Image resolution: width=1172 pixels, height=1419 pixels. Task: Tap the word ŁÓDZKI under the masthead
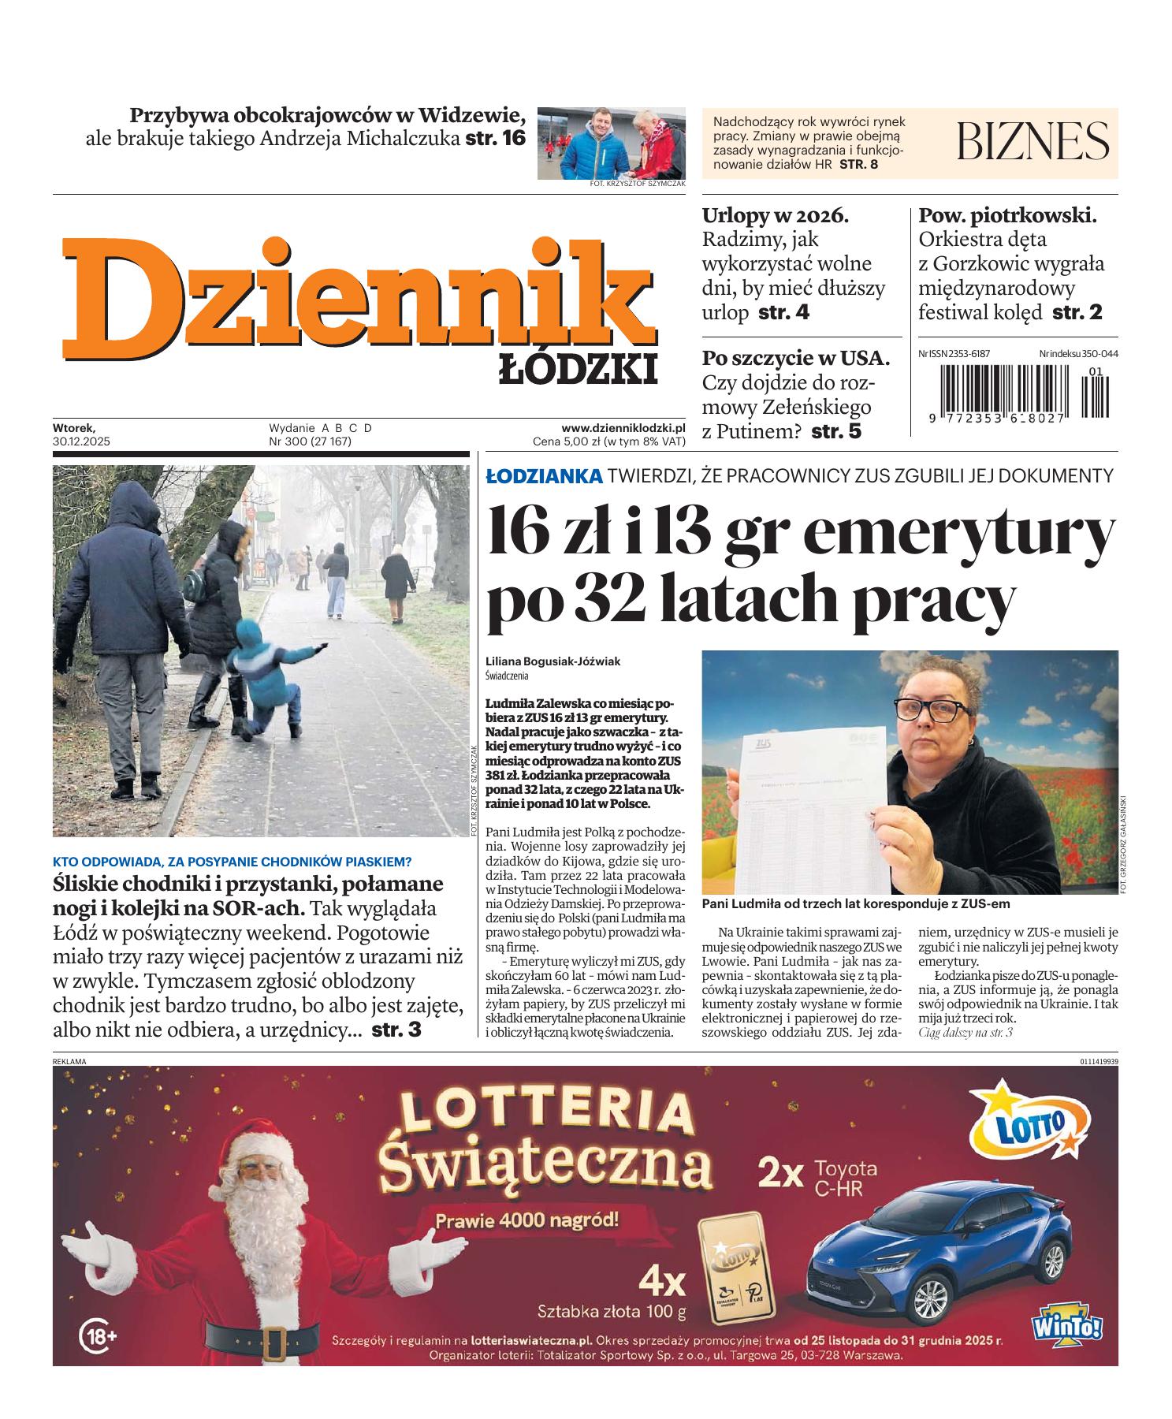(578, 369)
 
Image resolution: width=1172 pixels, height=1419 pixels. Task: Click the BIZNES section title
(1032, 142)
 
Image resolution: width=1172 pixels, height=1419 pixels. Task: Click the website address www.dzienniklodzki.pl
(623, 427)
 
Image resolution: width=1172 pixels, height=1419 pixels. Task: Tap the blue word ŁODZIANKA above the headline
(544, 475)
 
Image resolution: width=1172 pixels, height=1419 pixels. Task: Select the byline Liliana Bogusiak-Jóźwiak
(553, 661)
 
